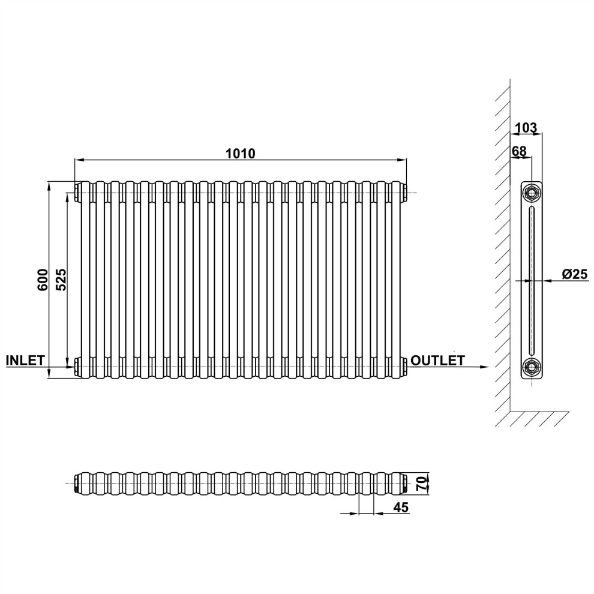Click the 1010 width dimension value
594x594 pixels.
pyautogui.click(x=241, y=154)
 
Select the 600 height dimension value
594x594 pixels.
pyautogui.click(x=43, y=280)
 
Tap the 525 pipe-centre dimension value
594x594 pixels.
pyautogui.click(x=61, y=280)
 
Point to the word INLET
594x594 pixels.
pyautogui.click(x=25, y=360)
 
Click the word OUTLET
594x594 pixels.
pyautogui.click(x=437, y=360)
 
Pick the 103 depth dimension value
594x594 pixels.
pyautogui.click(x=526, y=128)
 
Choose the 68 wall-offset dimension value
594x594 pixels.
pyautogui.click(x=520, y=151)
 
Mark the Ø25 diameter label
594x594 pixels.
pyautogui.click(x=575, y=274)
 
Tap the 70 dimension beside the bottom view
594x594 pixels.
pyautogui.click(x=421, y=484)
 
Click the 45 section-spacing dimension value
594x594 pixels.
pyautogui.click(x=401, y=507)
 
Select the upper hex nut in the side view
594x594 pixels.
pyautogui.click(x=532, y=193)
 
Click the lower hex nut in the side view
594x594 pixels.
pyautogui.click(x=532, y=367)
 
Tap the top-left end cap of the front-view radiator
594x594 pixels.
pyautogui.click(x=77, y=193)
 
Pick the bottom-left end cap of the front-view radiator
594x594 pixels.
pyautogui.click(x=77, y=367)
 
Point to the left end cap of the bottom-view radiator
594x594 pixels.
pyautogui.click(x=77, y=484)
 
